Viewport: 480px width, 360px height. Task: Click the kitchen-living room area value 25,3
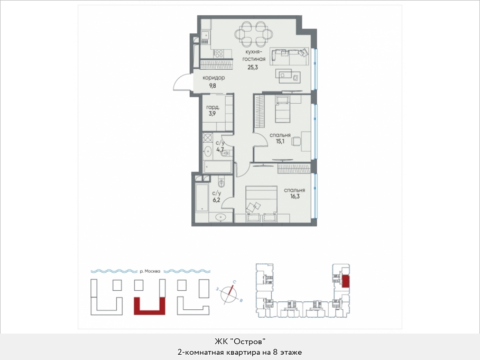pos(253,67)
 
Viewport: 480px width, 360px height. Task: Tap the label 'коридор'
pos(214,78)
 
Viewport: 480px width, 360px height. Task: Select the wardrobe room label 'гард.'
pos(213,107)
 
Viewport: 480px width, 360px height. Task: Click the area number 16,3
pos(294,197)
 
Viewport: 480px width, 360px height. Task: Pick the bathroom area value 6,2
pos(216,200)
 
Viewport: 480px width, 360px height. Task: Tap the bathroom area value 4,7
pos(220,150)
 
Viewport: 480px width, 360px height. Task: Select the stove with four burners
pos(218,54)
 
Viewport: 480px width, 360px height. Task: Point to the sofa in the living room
pos(289,57)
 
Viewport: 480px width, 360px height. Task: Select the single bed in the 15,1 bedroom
pos(282,109)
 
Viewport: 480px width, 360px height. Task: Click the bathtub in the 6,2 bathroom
pos(202,198)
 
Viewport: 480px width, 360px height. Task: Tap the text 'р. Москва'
pos(150,271)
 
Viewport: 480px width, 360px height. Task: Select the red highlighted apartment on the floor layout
pos(345,281)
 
